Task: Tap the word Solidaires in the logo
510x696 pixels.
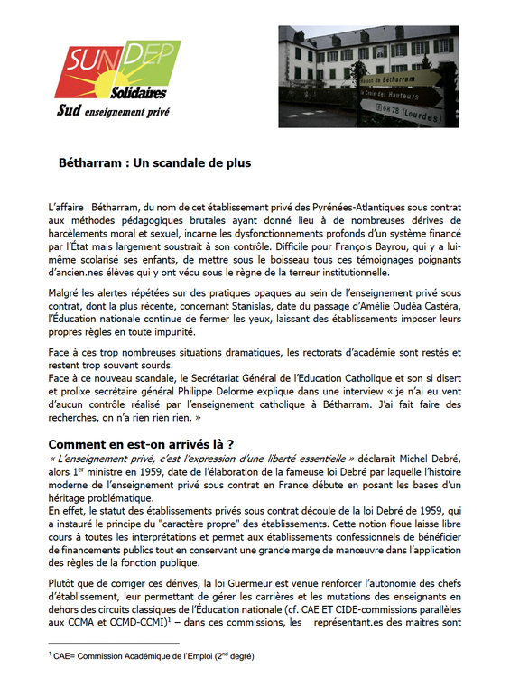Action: pyautogui.click(x=138, y=93)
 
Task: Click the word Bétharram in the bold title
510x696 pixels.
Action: pyautogui.click(x=89, y=163)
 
